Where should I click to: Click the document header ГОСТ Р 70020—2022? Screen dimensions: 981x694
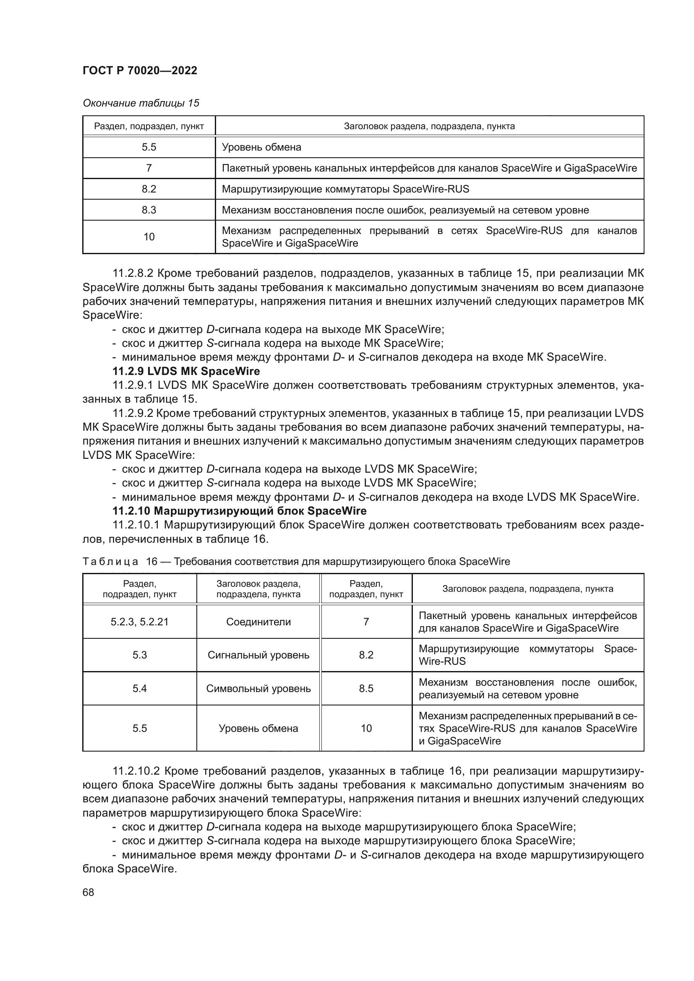tap(140, 71)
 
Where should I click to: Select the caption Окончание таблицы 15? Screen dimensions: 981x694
tap(141, 103)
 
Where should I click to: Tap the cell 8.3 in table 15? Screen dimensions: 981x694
tap(149, 210)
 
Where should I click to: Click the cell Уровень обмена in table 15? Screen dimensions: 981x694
tap(261, 147)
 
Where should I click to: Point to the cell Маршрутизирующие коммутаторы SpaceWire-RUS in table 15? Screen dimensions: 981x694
tap(345, 189)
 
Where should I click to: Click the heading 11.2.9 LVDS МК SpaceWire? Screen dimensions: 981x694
tap(186, 371)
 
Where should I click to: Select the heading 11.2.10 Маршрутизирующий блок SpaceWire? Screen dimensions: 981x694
tap(239, 510)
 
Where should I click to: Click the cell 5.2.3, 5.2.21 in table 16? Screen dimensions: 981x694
tap(140, 622)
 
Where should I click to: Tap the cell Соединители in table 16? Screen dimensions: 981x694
tap(258, 622)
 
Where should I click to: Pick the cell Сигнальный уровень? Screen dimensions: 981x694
tap(258, 655)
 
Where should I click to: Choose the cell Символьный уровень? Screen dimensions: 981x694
tap(258, 688)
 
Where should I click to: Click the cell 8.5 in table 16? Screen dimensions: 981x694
tap(366, 688)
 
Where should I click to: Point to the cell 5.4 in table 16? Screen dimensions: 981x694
tap(140, 688)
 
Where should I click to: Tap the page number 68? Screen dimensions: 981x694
tap(89, 892)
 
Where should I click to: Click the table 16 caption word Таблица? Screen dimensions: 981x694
tap(110, 562)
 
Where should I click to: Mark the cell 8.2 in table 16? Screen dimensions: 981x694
tap(366, 655)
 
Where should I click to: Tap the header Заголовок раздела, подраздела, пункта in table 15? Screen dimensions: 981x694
tap(429, 126)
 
